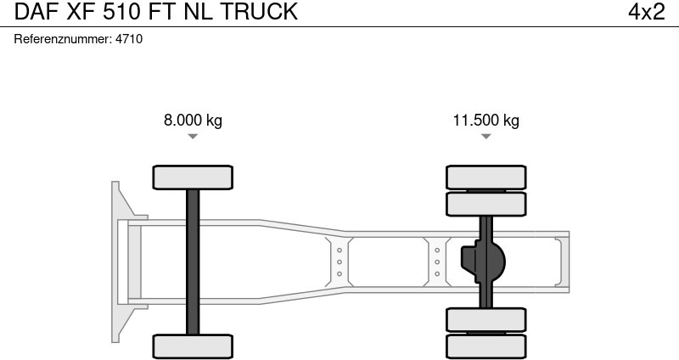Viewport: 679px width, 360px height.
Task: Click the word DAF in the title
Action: tap(31, 12)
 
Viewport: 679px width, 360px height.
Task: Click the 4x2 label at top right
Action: tap(646, 12)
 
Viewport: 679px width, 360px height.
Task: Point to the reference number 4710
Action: tap(129, 39)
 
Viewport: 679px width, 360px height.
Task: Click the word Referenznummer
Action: tap(62, 39)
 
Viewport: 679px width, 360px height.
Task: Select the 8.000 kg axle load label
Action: tap(193, 121)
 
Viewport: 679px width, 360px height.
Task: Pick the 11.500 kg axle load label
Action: tap(485, 121)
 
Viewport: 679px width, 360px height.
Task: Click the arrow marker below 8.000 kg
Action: tap(193, 137)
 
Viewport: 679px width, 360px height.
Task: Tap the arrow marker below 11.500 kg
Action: tap(485, 137)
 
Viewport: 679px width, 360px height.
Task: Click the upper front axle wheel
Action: tap(193, 177)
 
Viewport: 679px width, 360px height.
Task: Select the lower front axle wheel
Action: tap(193, 346)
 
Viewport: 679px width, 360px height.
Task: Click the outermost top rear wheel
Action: tap(486, 177)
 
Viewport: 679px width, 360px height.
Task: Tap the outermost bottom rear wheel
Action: tap(486, 346)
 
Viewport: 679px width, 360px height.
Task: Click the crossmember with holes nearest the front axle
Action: tap(339, 262)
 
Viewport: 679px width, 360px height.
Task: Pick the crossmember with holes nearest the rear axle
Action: tap(437, 262)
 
